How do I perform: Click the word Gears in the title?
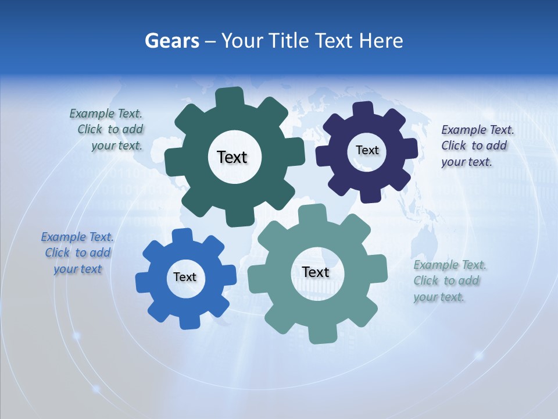click(x=171, y=41)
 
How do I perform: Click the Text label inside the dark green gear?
click(x=232, y=157)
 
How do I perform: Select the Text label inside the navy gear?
click(x=367, y=150)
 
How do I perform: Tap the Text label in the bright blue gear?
click(x=185, y=277)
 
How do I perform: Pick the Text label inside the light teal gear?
click(x=316, y=272)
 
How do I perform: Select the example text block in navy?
click(x=477, y=145)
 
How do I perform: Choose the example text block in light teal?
click(x=449, y=280)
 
